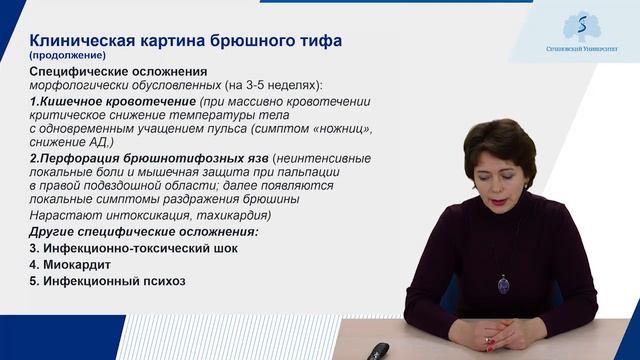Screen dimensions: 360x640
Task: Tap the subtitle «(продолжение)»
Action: pyautogui.click(x=65, y=56)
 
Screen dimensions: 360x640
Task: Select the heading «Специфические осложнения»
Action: pyautogui.click(x=118, y=72)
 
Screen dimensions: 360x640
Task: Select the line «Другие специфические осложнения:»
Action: pyautogui.click(x=143, y=231)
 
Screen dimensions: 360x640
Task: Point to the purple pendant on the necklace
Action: pyautogui.click(x=503, y=285)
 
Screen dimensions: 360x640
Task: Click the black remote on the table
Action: pyautogui.click(x=379, y=351)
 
